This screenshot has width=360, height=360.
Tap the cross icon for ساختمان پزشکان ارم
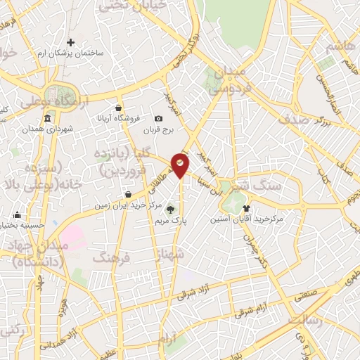coord(70,43)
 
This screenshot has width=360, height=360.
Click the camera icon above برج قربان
coord(159,118)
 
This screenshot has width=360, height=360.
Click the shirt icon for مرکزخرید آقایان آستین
coord(246,207)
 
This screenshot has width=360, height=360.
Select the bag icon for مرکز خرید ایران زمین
coord(128,195)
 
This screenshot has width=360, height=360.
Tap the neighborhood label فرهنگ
coord(111,258)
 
